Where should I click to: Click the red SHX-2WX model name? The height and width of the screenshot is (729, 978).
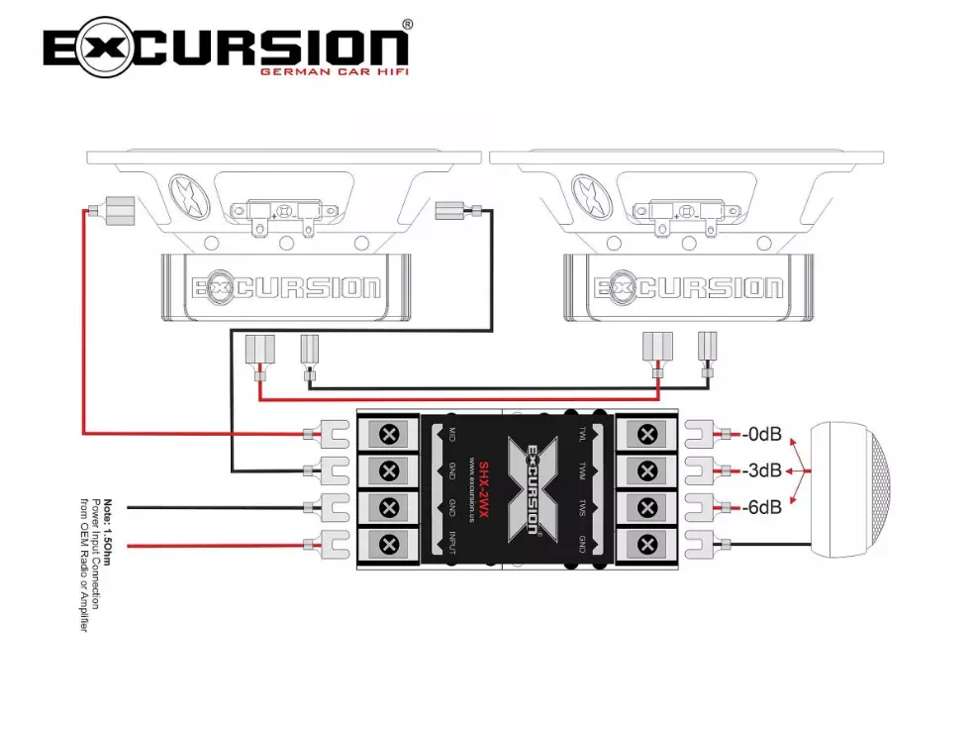coord(483,489)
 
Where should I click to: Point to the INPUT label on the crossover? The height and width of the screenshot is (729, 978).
coord(451,544)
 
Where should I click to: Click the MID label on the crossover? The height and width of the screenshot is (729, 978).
coord(451,434)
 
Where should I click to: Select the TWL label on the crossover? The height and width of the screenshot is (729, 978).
coord(583,434)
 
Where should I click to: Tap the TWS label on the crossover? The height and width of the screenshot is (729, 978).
coord(583,507)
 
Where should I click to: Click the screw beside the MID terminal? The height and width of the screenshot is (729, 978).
coord(389,434)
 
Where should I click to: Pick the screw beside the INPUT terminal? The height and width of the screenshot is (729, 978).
coord(389,543)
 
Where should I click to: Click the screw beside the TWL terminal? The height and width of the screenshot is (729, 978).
coord(646,434)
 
